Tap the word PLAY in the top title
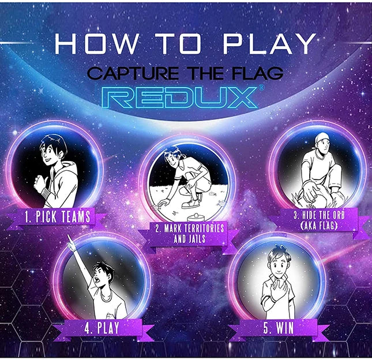tap(269, 44)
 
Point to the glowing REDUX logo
tap(180, 97)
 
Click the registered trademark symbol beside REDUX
tap(261, 87)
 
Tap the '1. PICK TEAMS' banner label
tap(58, 217)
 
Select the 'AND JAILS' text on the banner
tap(190, 239)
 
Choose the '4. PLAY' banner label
tap(102, 328)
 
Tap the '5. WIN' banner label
tap(279, 328)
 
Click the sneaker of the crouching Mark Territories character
tap(191, 204)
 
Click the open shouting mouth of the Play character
tap(97, 279)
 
